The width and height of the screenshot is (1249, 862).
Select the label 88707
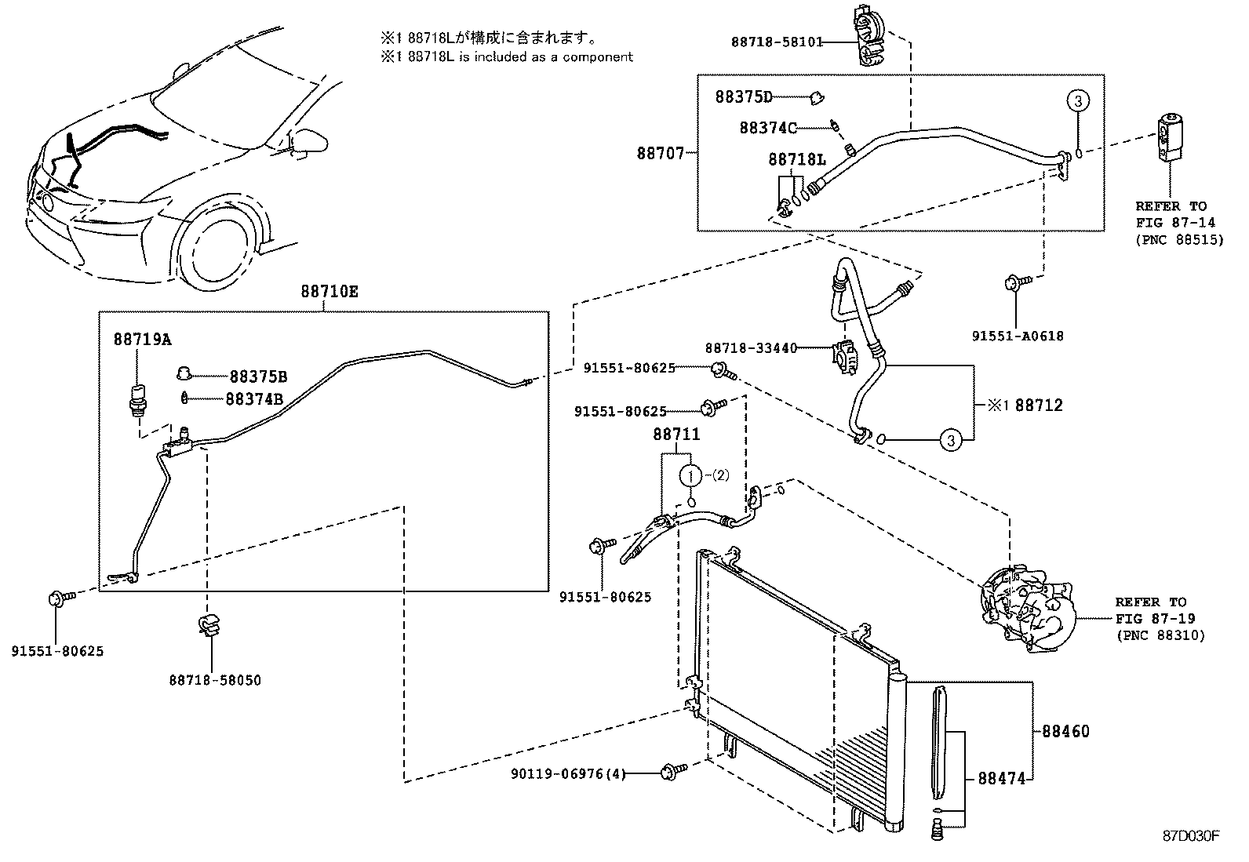point(660,154)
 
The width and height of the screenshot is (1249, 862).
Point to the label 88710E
point(329,292)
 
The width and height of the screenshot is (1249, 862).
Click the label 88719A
point(142,340)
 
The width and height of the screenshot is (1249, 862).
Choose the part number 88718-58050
point(215,680)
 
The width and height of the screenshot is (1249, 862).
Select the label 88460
point(1065,732)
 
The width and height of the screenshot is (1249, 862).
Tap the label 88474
point(1001,780)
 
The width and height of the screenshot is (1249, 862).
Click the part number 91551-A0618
point(1018,336)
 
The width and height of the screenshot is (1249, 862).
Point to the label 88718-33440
point(751,347)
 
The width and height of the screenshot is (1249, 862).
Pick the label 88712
point(1038,406)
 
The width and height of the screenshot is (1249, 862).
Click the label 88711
point(676,434)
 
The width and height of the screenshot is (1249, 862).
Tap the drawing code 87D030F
point(1190,835)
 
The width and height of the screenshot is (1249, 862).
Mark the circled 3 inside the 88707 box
point(1078,100)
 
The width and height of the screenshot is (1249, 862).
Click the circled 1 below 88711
point(690,475)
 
